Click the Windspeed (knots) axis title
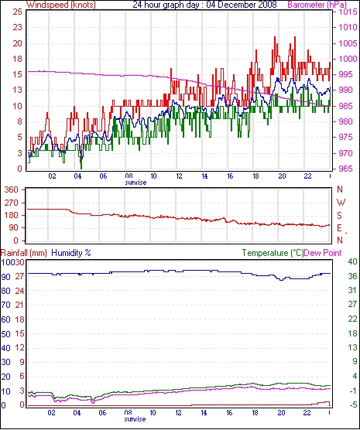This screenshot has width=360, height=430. pyautogui.click(x=61, y=5)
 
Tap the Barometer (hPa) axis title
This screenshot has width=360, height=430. pyautogui.click(x=317, y=5)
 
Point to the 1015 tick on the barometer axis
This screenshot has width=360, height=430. pyautogui.click(x=348, y=12)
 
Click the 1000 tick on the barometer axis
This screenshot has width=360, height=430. pyautogui.click(x=348, y=59)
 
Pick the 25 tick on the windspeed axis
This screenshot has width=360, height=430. pyautogui.click(x=17, y=12)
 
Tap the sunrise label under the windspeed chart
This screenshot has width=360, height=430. pyautogui.click(x=135, y=183)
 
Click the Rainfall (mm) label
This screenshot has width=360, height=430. pyautogui.click(x=24, y=253)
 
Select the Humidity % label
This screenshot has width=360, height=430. pyautogui.click(x=71, y=253)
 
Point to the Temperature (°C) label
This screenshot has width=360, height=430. pyautogui.click(x=273, y=253)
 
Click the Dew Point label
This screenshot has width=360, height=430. pyautogui.click(x=323, y=253)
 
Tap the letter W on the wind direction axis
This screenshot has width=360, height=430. pyautogui.click(x=341, y=203)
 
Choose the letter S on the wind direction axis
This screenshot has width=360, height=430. pyautogui.click(x=340, y=216)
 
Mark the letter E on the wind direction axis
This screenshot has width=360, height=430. pyautogui.click(x=340, y=228)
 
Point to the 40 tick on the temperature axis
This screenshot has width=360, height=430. pyautogui.click(x=352, y=261)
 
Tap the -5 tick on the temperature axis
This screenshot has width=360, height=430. pyautogui.click(x=352, y=404)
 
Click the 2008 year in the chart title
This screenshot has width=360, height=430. pyautogui.click(x=267, y=5)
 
